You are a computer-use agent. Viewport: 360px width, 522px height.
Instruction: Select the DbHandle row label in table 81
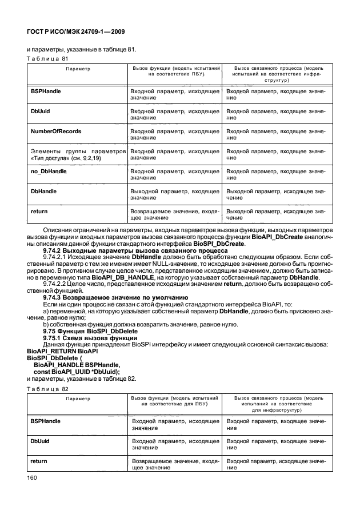(x=43, y=192)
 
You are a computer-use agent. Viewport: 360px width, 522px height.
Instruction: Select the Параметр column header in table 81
(x=78, y=69)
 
